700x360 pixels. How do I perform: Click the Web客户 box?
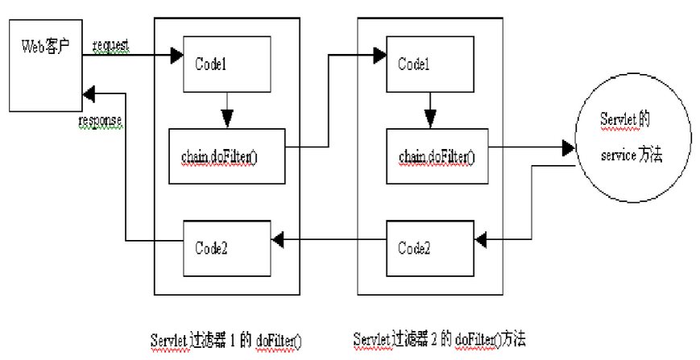[46, 65]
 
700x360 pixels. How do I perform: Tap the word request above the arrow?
[111, 45]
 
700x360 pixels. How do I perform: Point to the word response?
[100, 121]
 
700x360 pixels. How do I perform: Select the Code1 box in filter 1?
[227, 64]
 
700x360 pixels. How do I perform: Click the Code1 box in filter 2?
[430, 64]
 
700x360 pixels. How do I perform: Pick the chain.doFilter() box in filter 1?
[227, 156]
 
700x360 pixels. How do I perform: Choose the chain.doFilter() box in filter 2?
[437, 156]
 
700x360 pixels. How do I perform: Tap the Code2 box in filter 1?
[227, 249]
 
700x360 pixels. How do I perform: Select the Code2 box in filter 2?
[430, 249]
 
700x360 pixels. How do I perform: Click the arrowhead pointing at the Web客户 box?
[89, 93]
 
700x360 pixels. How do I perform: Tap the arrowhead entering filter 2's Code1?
[380, 56]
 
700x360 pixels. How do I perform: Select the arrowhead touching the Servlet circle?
[569, 147]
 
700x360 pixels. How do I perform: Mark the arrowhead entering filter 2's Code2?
[480, 241]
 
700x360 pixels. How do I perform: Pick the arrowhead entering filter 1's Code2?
[277, 241]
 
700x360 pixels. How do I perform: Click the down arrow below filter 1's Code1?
[227, 110]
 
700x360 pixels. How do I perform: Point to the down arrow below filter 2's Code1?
[430, 110]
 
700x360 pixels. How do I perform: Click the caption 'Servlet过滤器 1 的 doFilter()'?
[226, 341]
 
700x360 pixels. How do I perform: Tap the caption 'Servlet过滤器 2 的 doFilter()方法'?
[440, 340]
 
